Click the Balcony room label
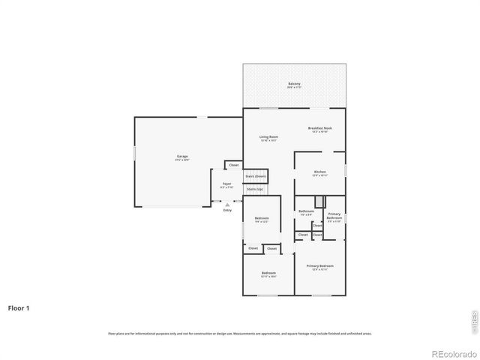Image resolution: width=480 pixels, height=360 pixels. (294, 84)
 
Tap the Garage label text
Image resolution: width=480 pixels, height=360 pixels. (182, 157)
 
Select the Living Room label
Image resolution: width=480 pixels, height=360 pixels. (268, 137)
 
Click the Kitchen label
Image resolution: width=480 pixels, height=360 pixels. (320, 172)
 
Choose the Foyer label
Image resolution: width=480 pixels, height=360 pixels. (226, 184)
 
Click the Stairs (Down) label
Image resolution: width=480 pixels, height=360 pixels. (256, 176)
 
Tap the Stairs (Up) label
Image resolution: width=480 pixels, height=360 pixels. (255, 189)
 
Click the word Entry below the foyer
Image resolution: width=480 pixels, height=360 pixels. (227, 210)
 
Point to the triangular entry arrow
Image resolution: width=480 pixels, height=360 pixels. (227, 203)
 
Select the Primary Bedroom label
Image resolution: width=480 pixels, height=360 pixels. (320, 266)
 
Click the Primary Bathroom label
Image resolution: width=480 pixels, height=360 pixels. (334, 216)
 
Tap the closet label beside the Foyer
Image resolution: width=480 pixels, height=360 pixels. (234, 165)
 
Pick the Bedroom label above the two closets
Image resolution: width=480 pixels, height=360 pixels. (262, 219)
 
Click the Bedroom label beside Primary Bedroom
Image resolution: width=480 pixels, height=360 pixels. (268, 273)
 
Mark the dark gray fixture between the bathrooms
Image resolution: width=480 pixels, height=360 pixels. (319, 201)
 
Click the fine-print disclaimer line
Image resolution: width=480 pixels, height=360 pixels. (240, 333)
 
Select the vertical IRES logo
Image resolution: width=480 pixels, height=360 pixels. (473, 320)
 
